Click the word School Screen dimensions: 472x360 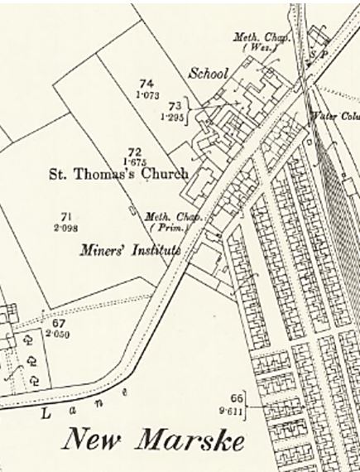point(209,74)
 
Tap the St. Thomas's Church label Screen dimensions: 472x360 point(118,174)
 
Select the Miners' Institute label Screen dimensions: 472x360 point(131,248)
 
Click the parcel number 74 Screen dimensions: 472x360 point(146,84)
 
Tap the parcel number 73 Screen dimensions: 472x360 point(175,106)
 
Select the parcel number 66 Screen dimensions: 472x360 point(237,397)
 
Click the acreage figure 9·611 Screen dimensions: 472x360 point(237,408)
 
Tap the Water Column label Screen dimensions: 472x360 point(334,115)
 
